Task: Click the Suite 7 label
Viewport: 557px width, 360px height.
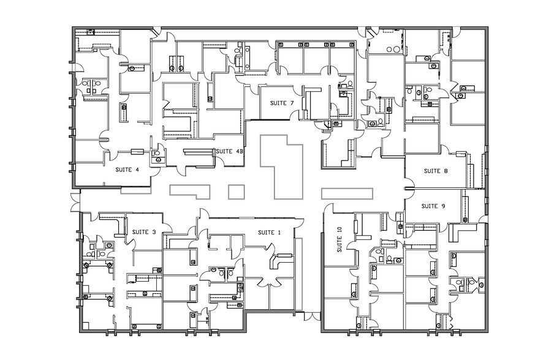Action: [282, 103]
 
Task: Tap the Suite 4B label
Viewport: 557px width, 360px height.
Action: [229, 151]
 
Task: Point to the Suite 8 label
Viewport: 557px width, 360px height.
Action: [436, 171]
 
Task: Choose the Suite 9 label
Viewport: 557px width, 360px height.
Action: [433, 206]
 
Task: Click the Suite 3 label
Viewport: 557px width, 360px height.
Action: [144, 231]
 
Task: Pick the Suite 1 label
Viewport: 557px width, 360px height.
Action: [269, 232]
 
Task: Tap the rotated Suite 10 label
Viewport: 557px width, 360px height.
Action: [338, 240]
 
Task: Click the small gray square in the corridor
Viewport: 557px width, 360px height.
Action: [236, 191]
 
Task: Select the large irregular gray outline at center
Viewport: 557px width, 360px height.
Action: [283, 168]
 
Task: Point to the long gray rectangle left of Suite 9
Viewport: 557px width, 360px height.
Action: [347, 193]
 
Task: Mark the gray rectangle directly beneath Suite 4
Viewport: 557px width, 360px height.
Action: [135, 190]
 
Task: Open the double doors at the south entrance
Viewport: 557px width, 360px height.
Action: [312, 316]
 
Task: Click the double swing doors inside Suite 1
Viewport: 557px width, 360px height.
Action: [267, 283]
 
